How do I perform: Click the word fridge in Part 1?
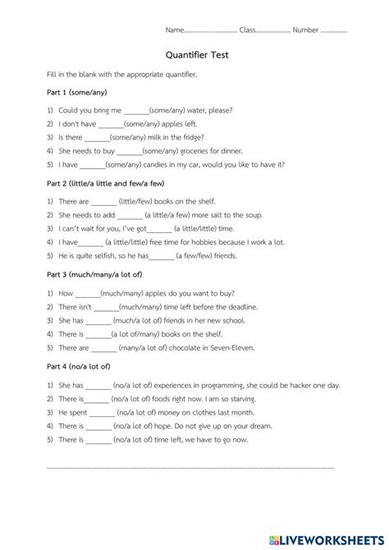[192, 137]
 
